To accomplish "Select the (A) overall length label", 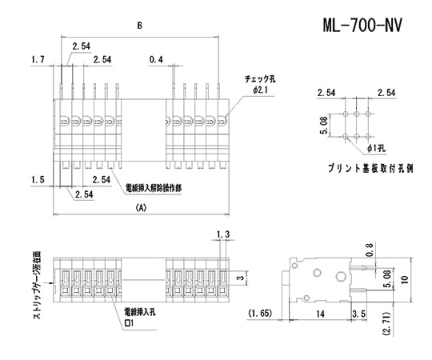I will [142, 206].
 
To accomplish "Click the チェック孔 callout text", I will [260, 80].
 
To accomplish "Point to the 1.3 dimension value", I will [223, 234].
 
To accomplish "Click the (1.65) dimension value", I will [262, 312].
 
